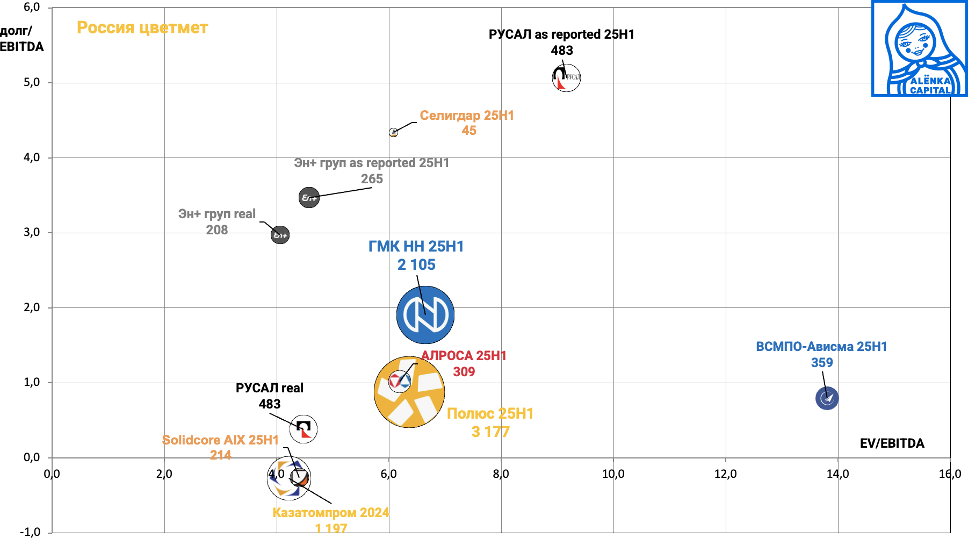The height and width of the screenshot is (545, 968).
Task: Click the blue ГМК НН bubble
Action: click(425, 315)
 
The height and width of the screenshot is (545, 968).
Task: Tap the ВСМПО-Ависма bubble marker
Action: click(827, 398)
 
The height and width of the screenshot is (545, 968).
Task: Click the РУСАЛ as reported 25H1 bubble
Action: click(566, 77)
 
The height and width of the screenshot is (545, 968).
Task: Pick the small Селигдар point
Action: click(393, 132)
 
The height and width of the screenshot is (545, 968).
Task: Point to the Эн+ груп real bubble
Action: click(280, 235)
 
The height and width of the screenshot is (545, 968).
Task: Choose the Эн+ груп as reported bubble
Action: click(309, 197)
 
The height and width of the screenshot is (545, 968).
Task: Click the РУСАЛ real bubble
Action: click(304, 429)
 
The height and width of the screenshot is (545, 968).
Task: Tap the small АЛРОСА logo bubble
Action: click(399, 381)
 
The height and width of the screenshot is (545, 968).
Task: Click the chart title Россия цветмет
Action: click(142, 27)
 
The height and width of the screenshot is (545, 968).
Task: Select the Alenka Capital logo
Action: click(919, 48)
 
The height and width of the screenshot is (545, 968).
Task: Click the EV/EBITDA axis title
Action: click(892, 443)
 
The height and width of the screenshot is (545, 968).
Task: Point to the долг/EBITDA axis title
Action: click(21, 39)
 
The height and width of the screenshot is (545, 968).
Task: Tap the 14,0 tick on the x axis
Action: click(837, 474)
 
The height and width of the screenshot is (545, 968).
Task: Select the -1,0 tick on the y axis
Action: click(30, 532)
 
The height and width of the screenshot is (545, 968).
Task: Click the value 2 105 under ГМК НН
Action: click(416, 264)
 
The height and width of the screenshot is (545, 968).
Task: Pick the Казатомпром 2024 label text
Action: click(331, 512)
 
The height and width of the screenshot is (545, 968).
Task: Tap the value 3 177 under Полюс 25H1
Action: click(490, 432)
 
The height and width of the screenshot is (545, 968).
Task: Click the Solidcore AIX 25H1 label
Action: click(220, 440)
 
